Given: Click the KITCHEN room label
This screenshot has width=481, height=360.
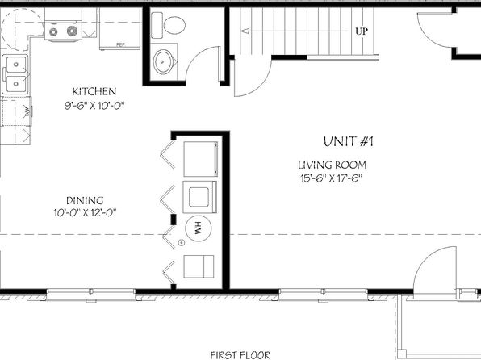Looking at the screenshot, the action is (x=94, y=91).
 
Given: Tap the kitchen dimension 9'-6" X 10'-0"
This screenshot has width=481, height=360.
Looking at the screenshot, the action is (x=94, y=106).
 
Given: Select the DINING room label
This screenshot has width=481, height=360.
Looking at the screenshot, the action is (x=85, y=201).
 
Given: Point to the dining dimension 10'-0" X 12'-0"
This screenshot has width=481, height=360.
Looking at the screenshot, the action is (x=86, y=212).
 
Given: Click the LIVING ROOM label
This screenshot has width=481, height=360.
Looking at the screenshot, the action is (x=333, y=165).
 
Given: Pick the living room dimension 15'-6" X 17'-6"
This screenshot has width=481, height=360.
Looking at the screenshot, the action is (x=332, y=178).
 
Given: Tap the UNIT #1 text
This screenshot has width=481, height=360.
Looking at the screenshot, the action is (x=349, y=142).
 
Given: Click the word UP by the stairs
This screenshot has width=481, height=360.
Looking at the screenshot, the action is (x=362, y=31).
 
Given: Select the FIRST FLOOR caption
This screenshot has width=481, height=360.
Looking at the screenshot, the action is (x=240, y=355).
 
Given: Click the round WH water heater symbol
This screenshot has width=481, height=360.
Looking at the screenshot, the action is (x=199, y=228).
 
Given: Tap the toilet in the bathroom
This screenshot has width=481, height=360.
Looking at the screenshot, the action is (x=169, y=25).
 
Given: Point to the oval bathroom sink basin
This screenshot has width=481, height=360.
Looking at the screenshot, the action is (x=163, y=61).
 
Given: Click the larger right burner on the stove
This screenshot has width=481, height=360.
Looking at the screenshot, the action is (x=73, y=31).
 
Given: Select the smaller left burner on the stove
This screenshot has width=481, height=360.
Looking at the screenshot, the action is (x=53, y=31).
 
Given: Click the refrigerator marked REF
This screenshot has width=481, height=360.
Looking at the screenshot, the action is (x=120, y=28).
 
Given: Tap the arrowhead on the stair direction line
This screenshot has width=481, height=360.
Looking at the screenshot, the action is (x=245, y=31).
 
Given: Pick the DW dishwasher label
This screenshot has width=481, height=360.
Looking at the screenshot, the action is (x=27, y=111).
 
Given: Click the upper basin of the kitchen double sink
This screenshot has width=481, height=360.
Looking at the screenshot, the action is (x=15, y=64).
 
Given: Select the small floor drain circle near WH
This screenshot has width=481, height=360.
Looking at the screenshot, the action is (x=182, y=243).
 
